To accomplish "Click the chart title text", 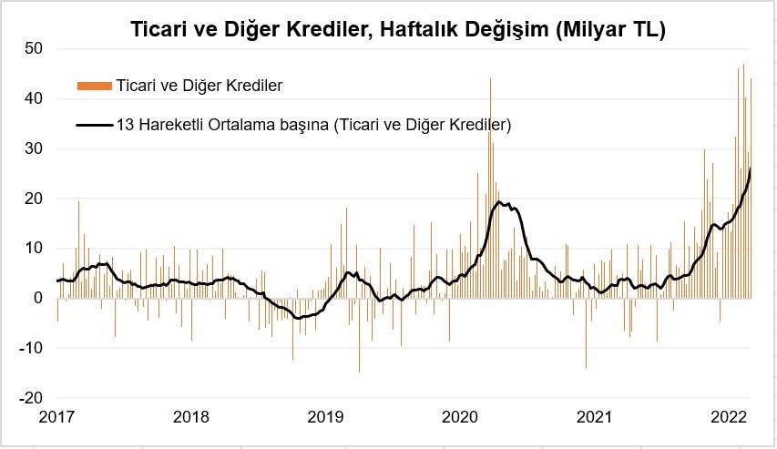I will click(388, 30).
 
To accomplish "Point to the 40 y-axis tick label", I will click(35, 98).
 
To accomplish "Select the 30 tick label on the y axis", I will click(35, 148).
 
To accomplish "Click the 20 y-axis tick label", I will click(35, 199).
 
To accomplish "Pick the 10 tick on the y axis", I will click(35, 249).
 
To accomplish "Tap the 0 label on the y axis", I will click(38, 299).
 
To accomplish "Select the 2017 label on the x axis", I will click(56, 418).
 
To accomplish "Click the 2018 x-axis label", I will click(191, 418).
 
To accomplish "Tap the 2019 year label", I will click(326, 418).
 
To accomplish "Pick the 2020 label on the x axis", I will click(460, 418).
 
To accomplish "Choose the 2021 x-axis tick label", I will click(595, 418).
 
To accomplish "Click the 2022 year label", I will click(729, 418).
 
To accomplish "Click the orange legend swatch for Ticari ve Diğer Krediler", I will click(95, 87).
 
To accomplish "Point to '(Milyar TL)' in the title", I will click(609, 30).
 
